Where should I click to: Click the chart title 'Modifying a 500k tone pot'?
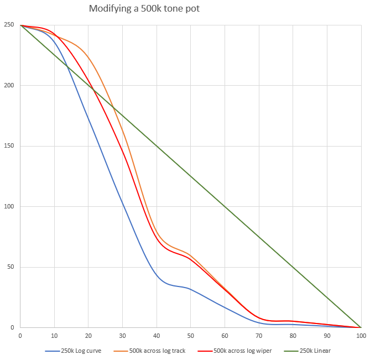pos(148,9)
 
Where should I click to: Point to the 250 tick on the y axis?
pos(9,25)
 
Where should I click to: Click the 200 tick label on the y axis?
pos(9,86)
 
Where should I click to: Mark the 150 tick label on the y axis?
pos(9,146)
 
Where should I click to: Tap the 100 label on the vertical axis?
pos(9,207)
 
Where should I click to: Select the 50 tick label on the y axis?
pos(11,267)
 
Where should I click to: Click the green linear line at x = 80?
pos(293,267)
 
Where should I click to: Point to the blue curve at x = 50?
pos(191,289)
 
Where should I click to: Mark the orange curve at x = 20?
pos(88,56)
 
